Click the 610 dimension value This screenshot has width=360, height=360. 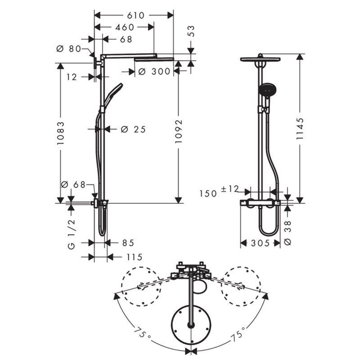[x=136, y=16]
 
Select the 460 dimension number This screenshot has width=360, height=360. [x=125, y=27]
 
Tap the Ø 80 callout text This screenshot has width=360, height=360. [x=69, y=49]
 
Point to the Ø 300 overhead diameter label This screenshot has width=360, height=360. [x=154, y=72]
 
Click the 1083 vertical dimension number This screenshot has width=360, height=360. [x=61, y=133]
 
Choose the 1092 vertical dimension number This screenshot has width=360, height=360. [x=178, y=131]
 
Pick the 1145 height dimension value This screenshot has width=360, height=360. [x=300, y=129]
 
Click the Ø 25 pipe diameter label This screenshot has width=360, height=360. [x=133, y=130]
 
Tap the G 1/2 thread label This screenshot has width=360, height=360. [x=72, y=234]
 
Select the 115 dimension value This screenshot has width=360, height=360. [x=134, y=257]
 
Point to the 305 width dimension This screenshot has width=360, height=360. [x=260, y=243]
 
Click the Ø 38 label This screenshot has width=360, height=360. [x=288, y=233]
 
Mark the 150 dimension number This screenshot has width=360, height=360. [x=208, y=193]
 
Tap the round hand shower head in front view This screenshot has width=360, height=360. [x=267, y=90]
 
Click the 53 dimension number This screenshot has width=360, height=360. [x=191, y=31]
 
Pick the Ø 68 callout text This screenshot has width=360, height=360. [x=73, y=184]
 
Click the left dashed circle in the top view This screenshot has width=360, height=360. [x=141, y=287]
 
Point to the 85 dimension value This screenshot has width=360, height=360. [x=128, y=243]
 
